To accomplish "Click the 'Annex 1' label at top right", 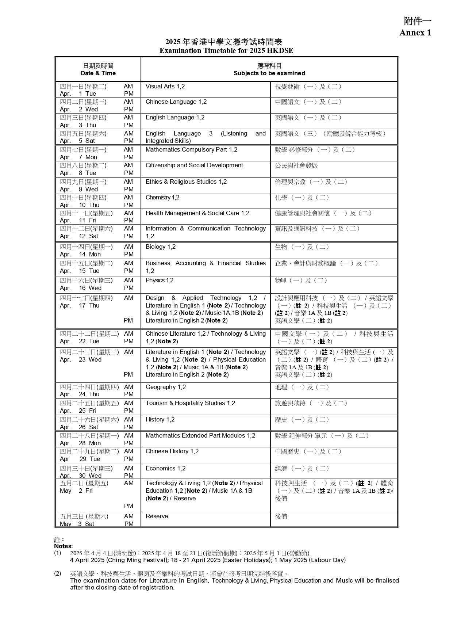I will pos(415,33).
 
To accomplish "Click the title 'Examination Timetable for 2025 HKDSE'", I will pos(226,50).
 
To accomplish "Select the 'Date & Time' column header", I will pos(98,73).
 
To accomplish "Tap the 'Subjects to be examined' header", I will pos(269,73).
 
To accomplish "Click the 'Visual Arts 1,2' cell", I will pos(165,87).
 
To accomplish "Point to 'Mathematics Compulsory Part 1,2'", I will pos(191,150).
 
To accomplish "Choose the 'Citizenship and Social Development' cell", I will pos(194,165).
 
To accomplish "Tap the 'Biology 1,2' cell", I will pos(161,247).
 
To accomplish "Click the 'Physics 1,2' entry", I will pos(160,281).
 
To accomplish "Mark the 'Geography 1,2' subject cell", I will pos(166,387).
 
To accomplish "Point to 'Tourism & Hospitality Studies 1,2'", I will pos(190,403).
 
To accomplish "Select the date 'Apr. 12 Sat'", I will pos(79,236).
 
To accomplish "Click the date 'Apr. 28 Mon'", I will pos(80,443).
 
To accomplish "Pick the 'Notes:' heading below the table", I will pos(64,546).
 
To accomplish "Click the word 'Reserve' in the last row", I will pos(157,516).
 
